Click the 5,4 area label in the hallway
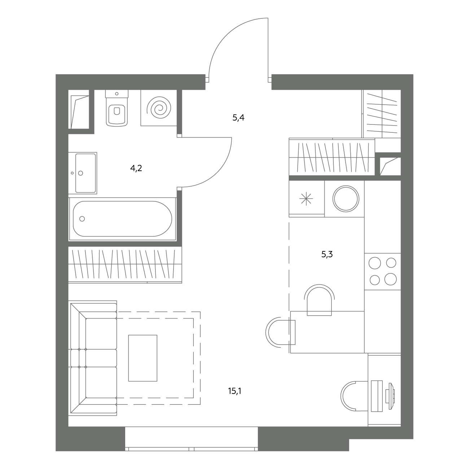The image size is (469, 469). pyautogui.click(x=238, y=118)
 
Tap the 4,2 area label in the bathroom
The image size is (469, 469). pyautogui.click(x=136, y=168)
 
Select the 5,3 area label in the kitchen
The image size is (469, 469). pyautogui.click(x=327, y=254)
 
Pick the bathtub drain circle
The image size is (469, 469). pyautogui.click(x=82, y=219)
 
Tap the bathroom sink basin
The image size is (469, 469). pyautogui.click(x=86, y=173)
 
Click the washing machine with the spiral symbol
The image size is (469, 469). pyautogui.click(x=159, y=108)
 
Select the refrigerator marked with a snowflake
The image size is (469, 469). pyautogui.click(x=307, y=198)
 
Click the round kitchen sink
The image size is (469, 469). pyautogui.click(x=346, y=198)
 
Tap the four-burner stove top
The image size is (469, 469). pyautogui.click(x=383, y=271)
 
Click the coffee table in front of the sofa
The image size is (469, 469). pyautogui.click(x=143, y=358)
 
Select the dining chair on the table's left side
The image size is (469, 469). pyautogui.click(x=280, y=333)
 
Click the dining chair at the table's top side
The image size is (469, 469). pyautogui.click(x=319, y=300)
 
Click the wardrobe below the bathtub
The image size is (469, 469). pyautogui.click(x=125, y=265)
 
